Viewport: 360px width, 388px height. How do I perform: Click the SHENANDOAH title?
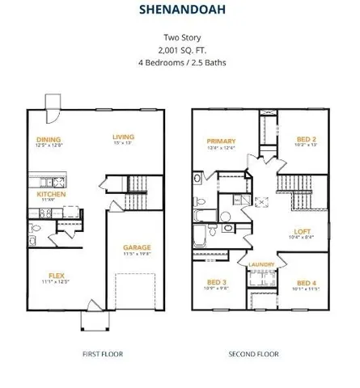pyautogui.click(x=180, y=11)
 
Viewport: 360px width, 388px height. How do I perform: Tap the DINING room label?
pyautogui.click(x=49, y=139)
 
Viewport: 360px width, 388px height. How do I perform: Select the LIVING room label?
pyautogui.click(x=123, y=137)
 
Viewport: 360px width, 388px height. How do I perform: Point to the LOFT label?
pyautogui.click(x=303, y=232)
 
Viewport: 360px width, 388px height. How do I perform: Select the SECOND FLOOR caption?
pyautogui.click(x=253, y=354)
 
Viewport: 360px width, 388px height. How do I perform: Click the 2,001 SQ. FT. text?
pyautogui.click(x=180, y=49)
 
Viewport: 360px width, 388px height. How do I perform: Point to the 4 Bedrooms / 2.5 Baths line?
pyautogui.click(x=180, y=61)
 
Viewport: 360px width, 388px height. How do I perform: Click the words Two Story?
pyautogui.click(x=180, y=37)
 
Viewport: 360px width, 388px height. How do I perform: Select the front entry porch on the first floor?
pyautogui.click(x=94, y=319)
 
